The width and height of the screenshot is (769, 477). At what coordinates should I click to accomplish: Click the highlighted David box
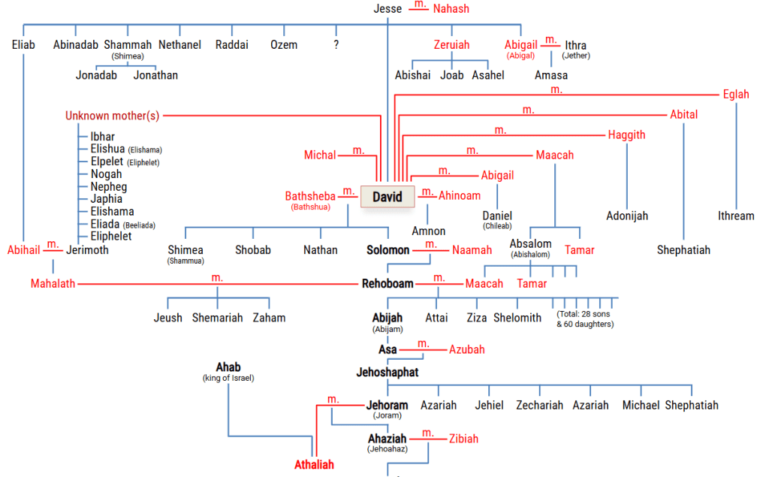(388, 197)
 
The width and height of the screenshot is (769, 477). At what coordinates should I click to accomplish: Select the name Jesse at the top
(388, 9)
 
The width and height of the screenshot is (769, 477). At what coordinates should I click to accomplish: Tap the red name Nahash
(451, 9)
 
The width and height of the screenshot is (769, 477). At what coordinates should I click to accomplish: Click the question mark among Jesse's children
(336, 45)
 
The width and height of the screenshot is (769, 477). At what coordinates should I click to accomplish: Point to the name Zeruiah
(451, 45)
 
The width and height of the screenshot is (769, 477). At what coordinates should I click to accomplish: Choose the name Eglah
(736, 95)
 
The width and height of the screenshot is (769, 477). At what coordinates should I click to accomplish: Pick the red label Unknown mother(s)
(113, 116)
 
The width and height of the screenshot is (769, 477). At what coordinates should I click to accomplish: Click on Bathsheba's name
(310, 196)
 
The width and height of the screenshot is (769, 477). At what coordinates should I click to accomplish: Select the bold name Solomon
(388, 250)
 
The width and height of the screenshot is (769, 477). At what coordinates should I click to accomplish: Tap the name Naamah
(472, 250)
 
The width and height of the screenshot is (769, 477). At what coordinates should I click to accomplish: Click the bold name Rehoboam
(388, 284)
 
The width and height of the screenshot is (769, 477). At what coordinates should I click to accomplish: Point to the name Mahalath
(53, 284)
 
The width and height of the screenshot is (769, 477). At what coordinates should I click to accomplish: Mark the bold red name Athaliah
(314, 465)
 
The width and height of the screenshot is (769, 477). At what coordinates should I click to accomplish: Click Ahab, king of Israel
(228, 367)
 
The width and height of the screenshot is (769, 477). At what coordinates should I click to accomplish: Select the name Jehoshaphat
(388, 372)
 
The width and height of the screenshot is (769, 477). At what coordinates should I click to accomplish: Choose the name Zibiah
(463, 439)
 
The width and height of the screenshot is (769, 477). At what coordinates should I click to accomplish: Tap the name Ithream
(736, 216)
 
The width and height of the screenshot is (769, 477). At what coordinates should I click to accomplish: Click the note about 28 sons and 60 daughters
(585, 319)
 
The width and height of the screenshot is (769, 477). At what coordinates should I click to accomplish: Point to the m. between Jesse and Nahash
(421, 5)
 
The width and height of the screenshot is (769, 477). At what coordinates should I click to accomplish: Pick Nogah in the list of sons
(106, 174)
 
